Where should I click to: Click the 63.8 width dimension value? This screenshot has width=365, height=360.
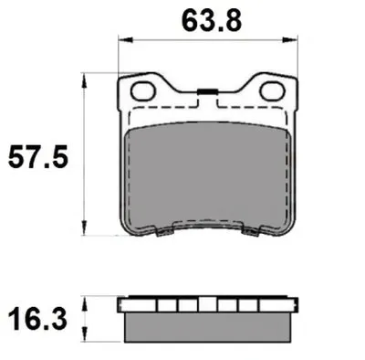pos(212,21)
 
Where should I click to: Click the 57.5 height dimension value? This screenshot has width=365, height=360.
pos(38,157)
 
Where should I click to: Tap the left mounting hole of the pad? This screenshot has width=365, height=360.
pos(143,91)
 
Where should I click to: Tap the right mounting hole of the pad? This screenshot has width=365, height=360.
pos(272,91)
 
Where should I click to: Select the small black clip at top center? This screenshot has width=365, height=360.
pos(207,91)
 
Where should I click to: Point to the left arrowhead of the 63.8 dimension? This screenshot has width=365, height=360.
pos(126,40)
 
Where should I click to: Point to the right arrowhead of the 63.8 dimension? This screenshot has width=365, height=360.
pos(289,40)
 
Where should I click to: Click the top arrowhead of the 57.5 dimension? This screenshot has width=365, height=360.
pos(85,80)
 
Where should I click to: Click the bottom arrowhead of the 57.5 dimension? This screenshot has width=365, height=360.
pos(85,228)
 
